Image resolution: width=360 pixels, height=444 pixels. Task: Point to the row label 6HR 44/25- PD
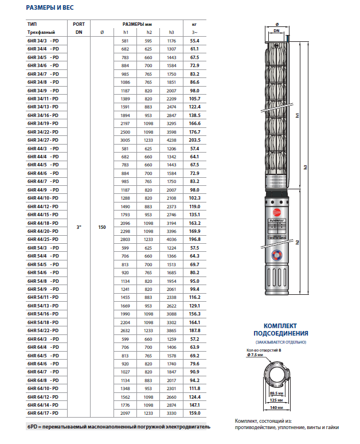[x=44, y=238]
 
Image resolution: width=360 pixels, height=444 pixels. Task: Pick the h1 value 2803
[x=127, y=238]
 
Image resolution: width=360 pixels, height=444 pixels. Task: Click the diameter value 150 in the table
[x=102, y=228]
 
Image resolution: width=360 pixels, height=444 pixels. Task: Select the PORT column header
[x=79, y=24]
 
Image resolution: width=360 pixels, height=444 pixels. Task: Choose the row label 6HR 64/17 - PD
[x=44, y=413]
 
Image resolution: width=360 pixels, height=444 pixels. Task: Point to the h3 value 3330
[x=170, y=413]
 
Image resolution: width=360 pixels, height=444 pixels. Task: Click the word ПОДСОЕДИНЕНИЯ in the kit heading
[x=281, y=333]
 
